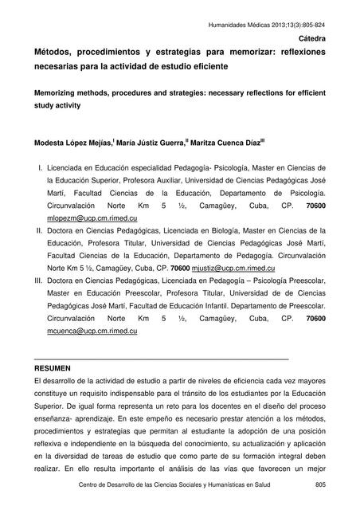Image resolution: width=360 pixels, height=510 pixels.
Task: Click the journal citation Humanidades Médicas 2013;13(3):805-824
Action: click(270, 25)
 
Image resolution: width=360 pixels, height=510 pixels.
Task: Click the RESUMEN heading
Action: click(53, 370)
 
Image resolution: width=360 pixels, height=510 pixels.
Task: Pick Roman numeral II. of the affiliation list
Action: click(38, 230)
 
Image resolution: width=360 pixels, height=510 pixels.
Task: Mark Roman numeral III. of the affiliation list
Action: click(37, 280)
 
